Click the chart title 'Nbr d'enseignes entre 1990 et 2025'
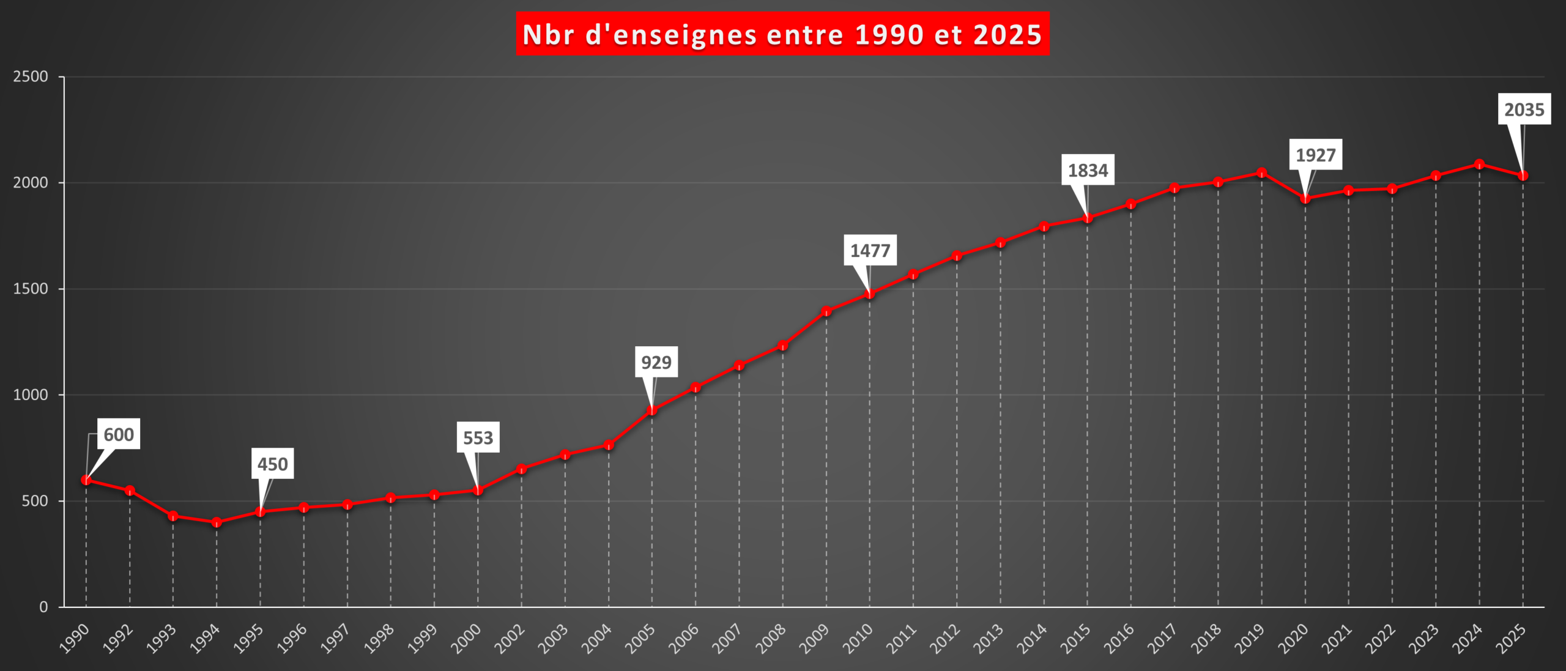point(782,34)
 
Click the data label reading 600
point(119,434)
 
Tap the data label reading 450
point(272,464)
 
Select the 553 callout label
point(478,437)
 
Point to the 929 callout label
point(656,362)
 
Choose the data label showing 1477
point(870,250)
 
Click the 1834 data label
point(1088,170)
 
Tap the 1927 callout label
point(1315,155)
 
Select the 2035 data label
point(1524,109)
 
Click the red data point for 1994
point(217,522)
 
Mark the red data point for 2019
point(1261,173)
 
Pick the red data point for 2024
point(1479,164)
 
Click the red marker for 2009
point(826,311)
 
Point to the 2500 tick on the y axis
point(31,76)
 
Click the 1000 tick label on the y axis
point(31,395)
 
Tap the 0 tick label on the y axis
point(43,607)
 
